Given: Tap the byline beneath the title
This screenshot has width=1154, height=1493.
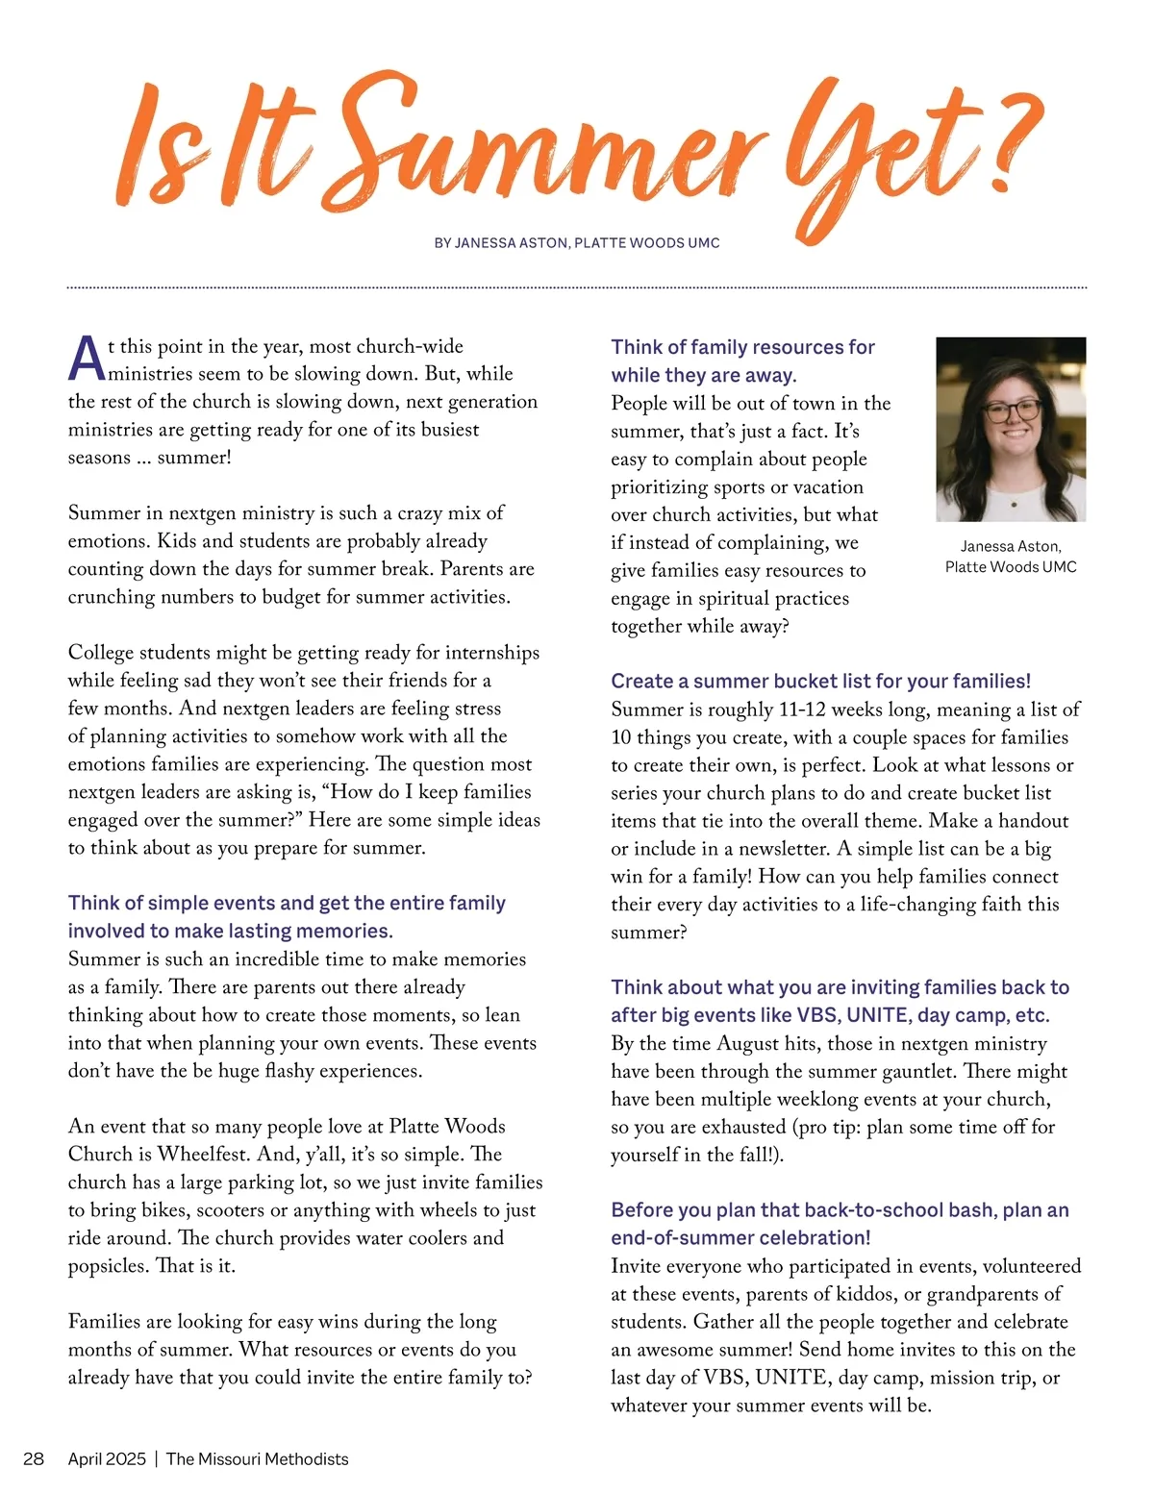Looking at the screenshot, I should click(x=577, y=243).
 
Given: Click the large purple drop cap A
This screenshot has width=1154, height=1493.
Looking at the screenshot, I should click(x=87, y=360).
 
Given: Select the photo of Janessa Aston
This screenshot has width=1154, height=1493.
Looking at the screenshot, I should click(x=1011, y=429).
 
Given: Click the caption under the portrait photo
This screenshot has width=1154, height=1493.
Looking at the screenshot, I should click(x=1011, y=557).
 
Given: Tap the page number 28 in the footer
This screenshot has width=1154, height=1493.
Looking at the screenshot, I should click(x=34, y=1458).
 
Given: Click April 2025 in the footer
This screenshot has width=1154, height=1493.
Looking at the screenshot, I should click(x=107, y=1458).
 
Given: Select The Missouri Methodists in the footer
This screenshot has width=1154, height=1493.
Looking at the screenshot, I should click(x=257, y=1458).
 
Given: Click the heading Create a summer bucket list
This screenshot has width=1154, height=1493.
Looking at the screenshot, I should click(x=820, y=682).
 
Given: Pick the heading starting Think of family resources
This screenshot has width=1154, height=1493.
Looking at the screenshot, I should click(x=742, y=361).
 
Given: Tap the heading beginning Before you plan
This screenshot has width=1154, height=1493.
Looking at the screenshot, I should click(x=840, y=1224).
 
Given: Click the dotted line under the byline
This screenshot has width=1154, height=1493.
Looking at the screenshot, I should click(x=577, y=286).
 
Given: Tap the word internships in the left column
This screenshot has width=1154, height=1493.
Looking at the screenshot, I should click(x=490, y=653).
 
